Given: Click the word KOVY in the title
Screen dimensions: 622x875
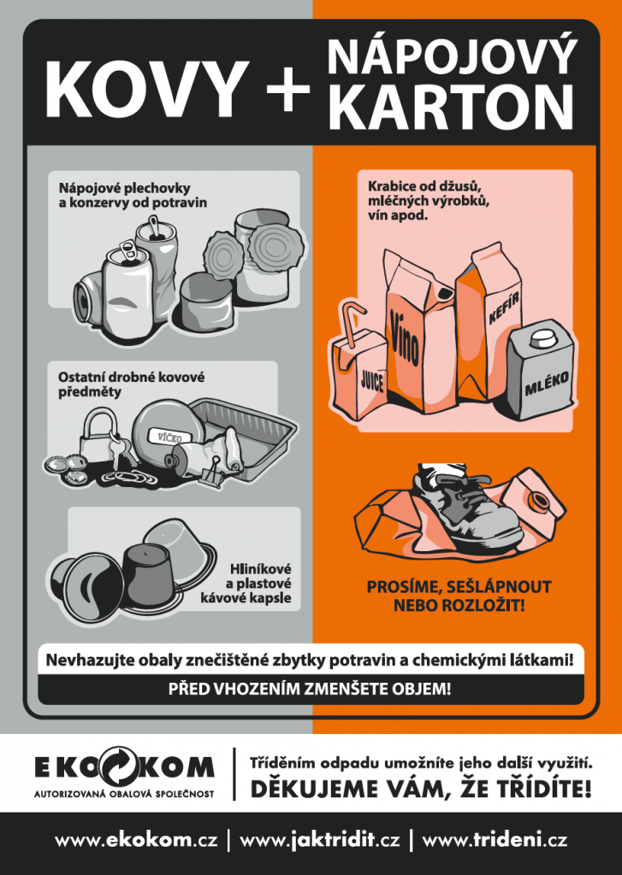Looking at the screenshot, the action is click(147, 88).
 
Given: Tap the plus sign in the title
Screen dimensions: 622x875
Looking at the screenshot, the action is click(288, 89).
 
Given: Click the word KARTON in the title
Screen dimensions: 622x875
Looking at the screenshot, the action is click(451, 106).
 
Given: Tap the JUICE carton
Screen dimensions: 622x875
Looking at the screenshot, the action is click(360, 377).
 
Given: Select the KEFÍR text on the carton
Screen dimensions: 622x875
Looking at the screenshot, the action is click(504, 308).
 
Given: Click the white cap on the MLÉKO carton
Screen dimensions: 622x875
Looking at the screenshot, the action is click(542, 337).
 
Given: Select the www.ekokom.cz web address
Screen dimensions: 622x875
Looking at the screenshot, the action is click(136, 841).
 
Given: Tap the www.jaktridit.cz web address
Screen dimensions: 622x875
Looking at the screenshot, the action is click(320, 841).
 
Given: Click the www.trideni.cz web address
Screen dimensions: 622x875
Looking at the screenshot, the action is click(495, 841).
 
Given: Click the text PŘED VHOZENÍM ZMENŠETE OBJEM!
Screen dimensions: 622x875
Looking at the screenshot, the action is click(311, 690).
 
